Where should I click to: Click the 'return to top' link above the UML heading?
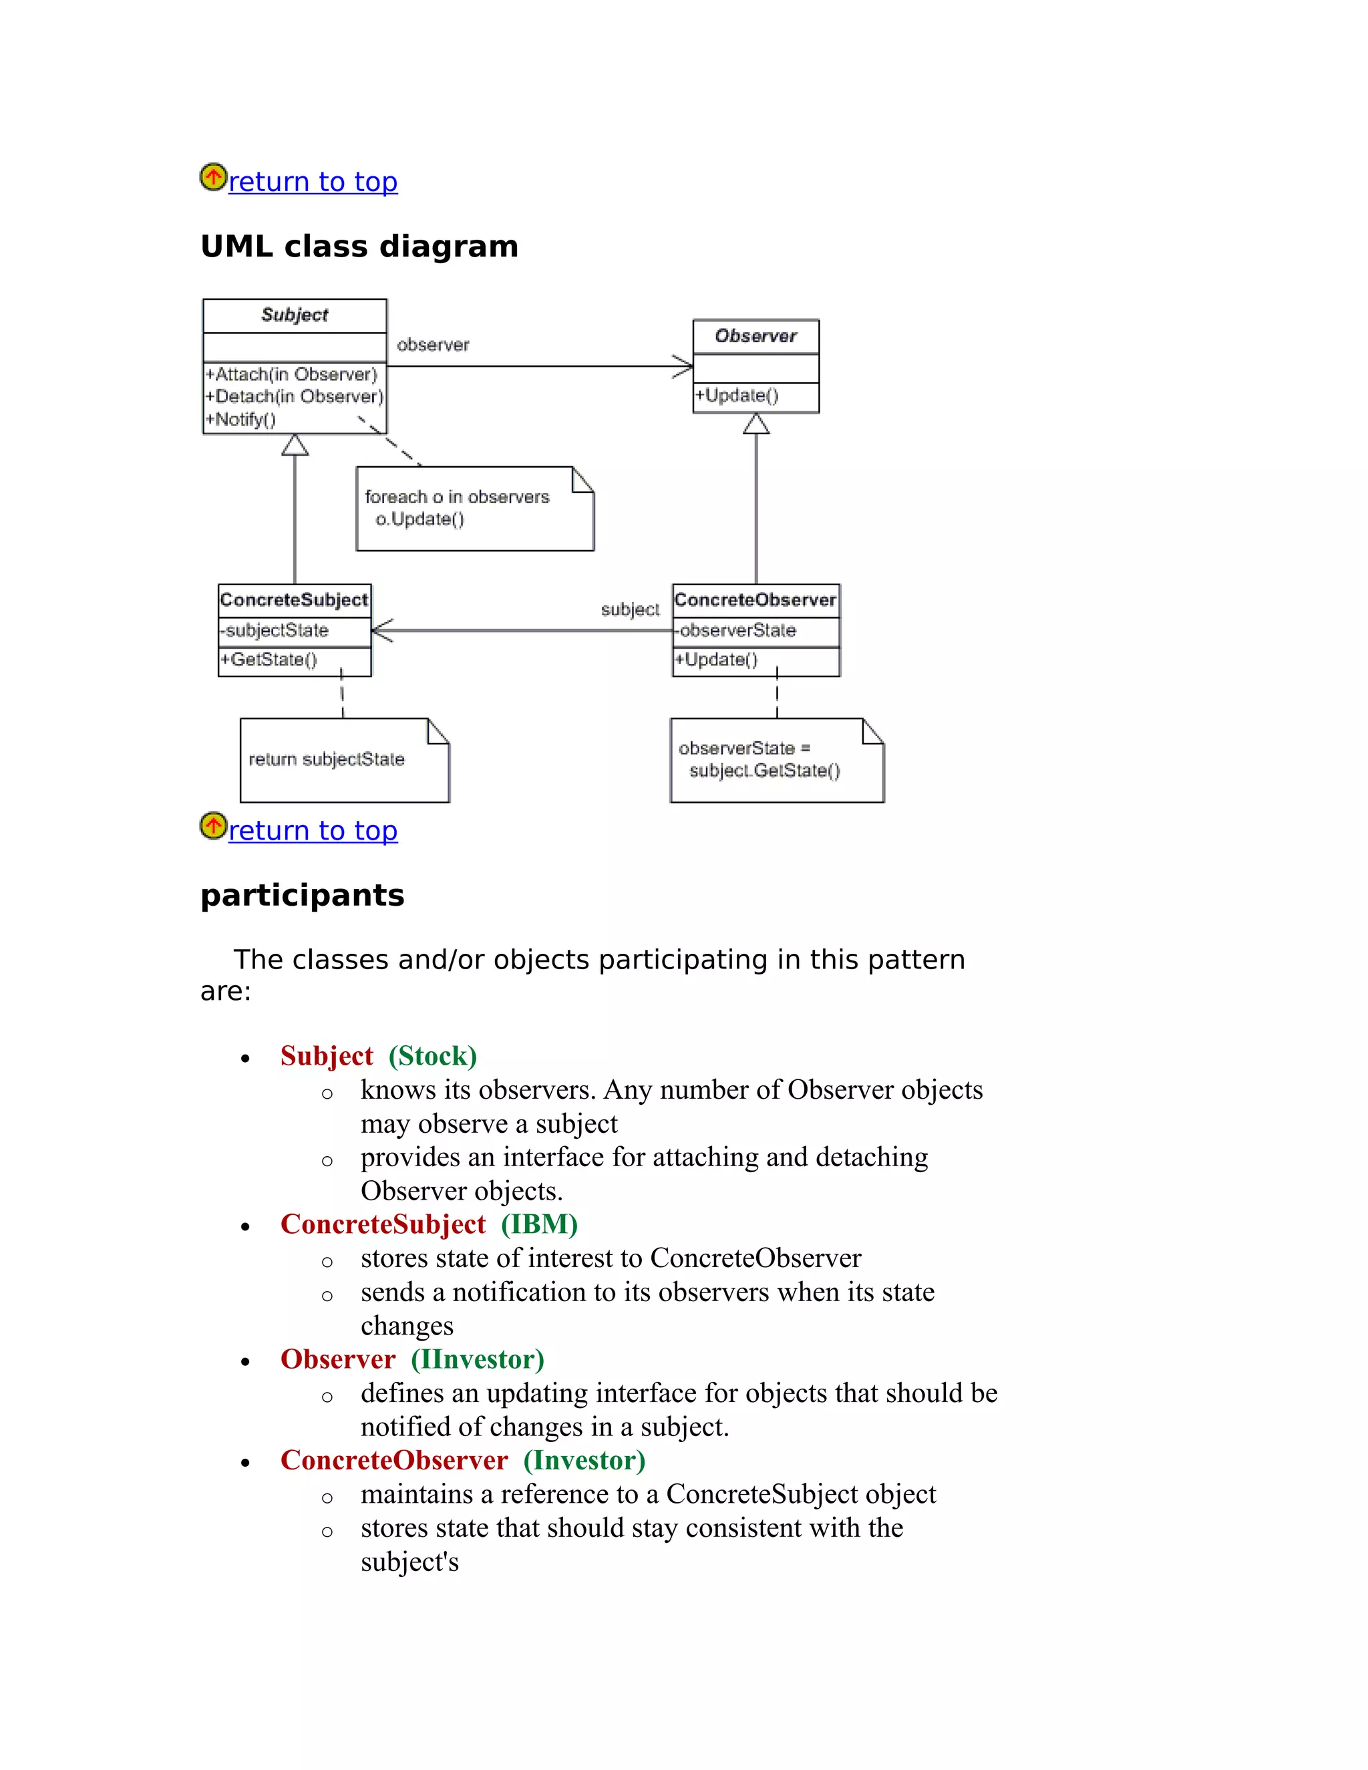tap(312, 182)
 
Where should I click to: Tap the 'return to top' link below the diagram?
tap(312, 831)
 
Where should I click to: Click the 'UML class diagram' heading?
tap(359, 246)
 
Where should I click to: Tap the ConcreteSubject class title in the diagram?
tap(294, 600)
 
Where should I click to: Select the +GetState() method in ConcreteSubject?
tap(269, 661)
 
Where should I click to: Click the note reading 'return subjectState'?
tap(327, 760)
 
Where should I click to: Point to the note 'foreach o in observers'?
tap(456, 498)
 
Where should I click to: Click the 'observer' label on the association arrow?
tap(433, 345)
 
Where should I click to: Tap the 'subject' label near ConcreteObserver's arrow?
tap(630, 609)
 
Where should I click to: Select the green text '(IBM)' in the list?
tap(539, 1224)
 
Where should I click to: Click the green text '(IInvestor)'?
tap(478, 1359)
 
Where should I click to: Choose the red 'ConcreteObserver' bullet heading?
tap(394, 1460)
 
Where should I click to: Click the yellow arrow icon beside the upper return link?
tap(213, 178)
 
